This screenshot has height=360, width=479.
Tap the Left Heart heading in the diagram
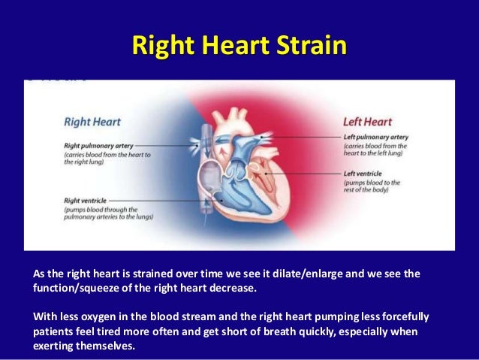(x=367, y=121)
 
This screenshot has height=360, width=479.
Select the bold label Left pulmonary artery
(x=375, y=138)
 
